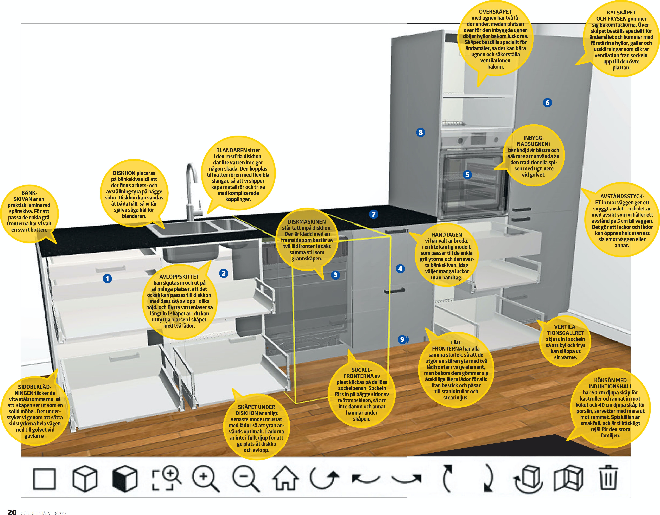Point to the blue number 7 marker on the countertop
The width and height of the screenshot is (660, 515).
[374, 214]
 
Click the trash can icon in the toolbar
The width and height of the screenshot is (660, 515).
[608, 479]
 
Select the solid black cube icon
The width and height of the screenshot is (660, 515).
[124, 479]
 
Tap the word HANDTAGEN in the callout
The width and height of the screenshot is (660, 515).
[446, 235]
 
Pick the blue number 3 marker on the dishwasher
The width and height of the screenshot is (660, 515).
[335, 275]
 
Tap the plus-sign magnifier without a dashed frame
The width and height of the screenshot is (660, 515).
[205, 479]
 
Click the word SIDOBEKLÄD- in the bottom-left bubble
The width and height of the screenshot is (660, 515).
[35, 387]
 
